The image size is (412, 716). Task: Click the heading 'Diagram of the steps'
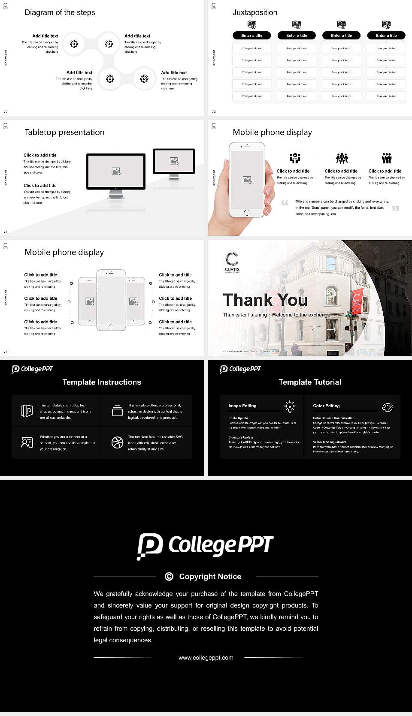(60, 12)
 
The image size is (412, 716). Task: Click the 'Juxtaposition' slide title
(254, 12)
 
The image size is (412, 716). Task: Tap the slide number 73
(214, 112)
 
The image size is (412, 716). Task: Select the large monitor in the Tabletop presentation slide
(116, 171)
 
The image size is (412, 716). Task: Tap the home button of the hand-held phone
(246, 212)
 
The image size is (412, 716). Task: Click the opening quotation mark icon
(285, 203)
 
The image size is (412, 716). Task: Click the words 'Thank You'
(265, 300)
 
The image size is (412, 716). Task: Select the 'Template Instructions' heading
(102, 382)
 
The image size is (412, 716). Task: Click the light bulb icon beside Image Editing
(290, 406)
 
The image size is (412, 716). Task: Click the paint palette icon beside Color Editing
(387, 407)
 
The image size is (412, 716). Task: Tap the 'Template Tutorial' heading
(310, 382)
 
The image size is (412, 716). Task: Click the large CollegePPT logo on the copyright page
(205, 546)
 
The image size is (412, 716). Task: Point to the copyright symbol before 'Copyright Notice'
(169, 577)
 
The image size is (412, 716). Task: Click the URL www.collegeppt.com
(206, 658)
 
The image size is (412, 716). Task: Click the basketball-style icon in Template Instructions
(117, 442)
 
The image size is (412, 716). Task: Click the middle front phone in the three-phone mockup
(111, 300)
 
